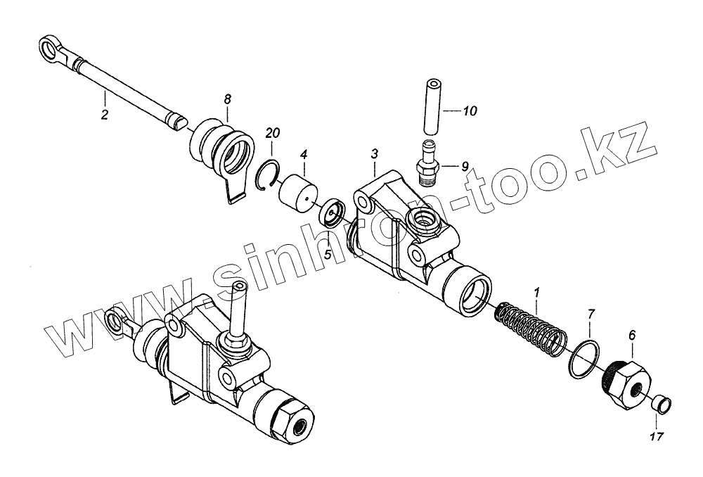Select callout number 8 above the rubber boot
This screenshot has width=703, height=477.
click(227, 101)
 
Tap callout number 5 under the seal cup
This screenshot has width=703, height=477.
click(326, 254)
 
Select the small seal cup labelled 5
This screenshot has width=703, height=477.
click(331, 212)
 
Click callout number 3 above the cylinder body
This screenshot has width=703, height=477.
click(374, 154)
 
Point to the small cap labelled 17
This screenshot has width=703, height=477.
click(661, 405)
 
